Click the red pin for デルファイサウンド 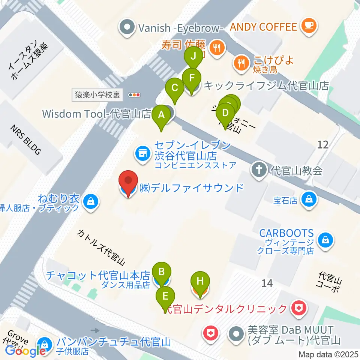pos(128,182)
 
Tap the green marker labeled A pos(162,115)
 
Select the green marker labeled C pos(175,88)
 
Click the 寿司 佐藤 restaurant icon pos(216,47)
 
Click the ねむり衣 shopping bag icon pos(91,201)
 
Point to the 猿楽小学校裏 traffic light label pos(97,95)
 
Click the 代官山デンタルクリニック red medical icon pos(300,308)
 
